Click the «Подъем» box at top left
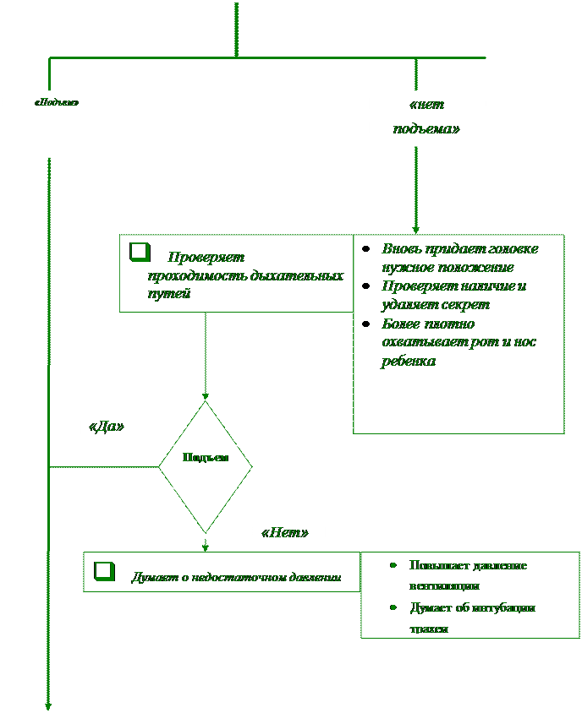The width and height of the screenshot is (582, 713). (x=57, y=123)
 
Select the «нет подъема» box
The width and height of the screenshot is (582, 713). (x=427, y=118)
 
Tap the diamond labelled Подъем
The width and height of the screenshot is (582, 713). (x=206, y=465)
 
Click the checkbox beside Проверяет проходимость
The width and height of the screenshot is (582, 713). (x=139, y=253)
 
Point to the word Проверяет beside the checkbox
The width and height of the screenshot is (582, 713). (x=206, y=257)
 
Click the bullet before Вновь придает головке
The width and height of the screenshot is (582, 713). (x=365, y=249)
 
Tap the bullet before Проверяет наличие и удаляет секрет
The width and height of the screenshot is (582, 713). (x=365, y=286)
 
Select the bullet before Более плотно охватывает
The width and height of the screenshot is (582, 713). (x=365, y=324)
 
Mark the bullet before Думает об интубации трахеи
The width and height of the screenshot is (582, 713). (x=393, y=607)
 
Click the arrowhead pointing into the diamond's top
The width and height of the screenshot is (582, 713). (x=206, y=395)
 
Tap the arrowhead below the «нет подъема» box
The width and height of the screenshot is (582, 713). (x=415, y=228)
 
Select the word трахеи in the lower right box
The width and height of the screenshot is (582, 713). (x=428, y=629)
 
